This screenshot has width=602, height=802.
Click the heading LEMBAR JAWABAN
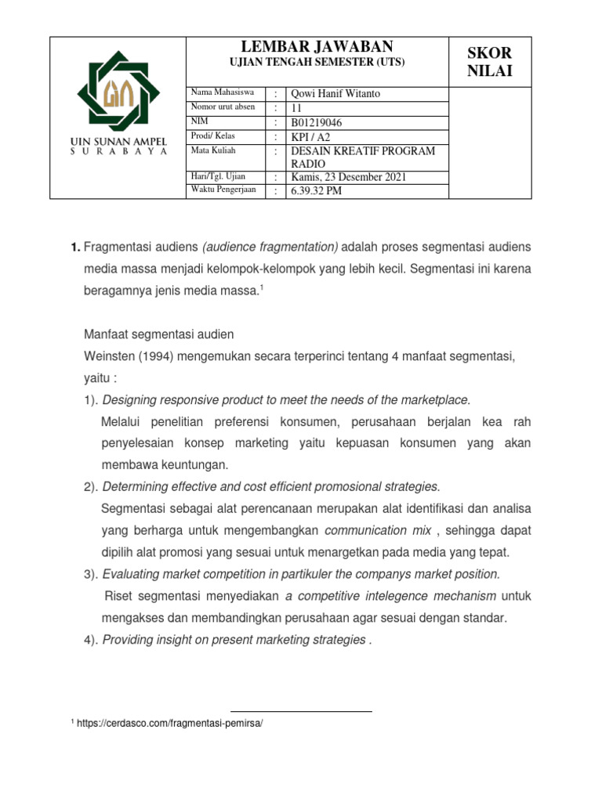click(317, 47)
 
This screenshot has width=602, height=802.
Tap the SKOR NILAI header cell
click(489, 62)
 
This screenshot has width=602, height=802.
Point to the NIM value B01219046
click(317, 122)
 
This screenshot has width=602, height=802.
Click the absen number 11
click(296, 108)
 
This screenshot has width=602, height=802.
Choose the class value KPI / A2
click(310, 136)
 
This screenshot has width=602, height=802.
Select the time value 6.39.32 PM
click(316, 191)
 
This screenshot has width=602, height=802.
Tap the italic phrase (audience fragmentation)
click(270, 247)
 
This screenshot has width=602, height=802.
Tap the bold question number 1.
click(75, 247)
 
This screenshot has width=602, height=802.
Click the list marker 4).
click(91, 640)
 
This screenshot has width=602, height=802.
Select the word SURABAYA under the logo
click(113, 152)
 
